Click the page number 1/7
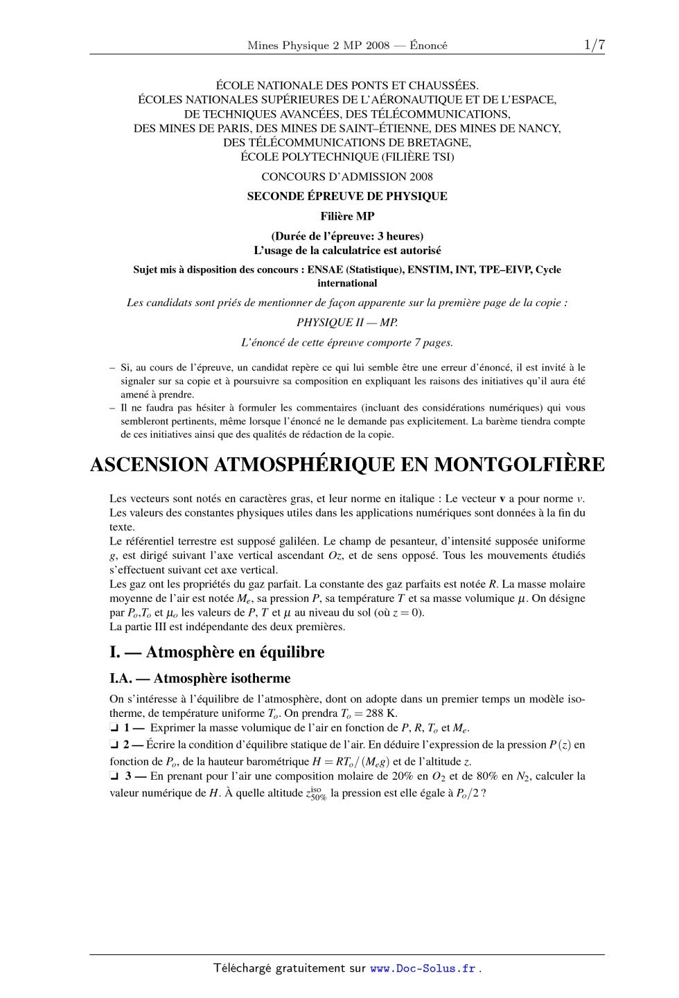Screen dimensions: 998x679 pyautogui.click(x=594, y=46)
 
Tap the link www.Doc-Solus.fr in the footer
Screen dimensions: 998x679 pyautogui.click(x=423, y=969)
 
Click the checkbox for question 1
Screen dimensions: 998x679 pyautogui.click(x=114, y=728)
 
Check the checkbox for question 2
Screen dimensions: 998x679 pyautogui.click(x=114, y=745)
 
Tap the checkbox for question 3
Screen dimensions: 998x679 pyautogui.click(x=114, y=776)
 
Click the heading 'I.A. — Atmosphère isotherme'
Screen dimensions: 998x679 pyautogui.click(x=200, y=679)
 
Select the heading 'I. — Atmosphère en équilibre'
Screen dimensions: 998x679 pyautogui.click(x=216, y=652)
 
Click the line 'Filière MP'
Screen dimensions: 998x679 pyautogui.click(x=347, y=216)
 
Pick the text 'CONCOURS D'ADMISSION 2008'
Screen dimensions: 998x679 pyautogui.click(x=347, y=177)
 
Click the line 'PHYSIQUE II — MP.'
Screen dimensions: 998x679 pyautogui.click(x=347, y=322)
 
